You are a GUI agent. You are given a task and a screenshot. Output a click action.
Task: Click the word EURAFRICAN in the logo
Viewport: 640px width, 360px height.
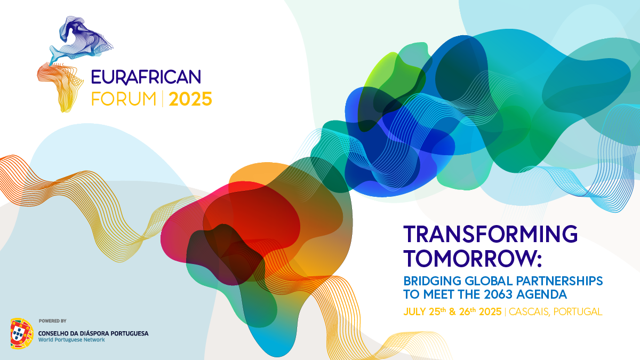tap(146, 77)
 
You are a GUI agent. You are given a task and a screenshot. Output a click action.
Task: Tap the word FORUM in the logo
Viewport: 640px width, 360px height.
tap(124, 99)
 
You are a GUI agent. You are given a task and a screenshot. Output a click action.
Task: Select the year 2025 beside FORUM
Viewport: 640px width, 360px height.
tap(190, 99)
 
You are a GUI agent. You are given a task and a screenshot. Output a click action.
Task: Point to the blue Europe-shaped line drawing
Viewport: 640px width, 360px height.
tap(82, 39)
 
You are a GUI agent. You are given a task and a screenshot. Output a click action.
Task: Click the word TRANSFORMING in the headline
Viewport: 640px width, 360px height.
tap(490, 234)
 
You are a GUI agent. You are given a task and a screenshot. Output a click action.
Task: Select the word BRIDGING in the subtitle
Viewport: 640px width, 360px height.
tap(433, 281)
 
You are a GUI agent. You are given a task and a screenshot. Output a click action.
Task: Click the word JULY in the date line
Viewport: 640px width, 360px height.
tap(415, 311)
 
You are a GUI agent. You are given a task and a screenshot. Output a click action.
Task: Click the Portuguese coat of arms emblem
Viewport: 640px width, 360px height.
tap(22, 333)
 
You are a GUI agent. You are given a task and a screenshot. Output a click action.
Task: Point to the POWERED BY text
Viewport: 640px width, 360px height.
tap(53, 321)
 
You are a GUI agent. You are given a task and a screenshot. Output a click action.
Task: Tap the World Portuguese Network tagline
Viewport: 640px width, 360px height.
tap(71, 340)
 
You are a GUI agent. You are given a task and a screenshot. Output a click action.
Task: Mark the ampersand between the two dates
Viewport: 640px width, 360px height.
tap(452, 311)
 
